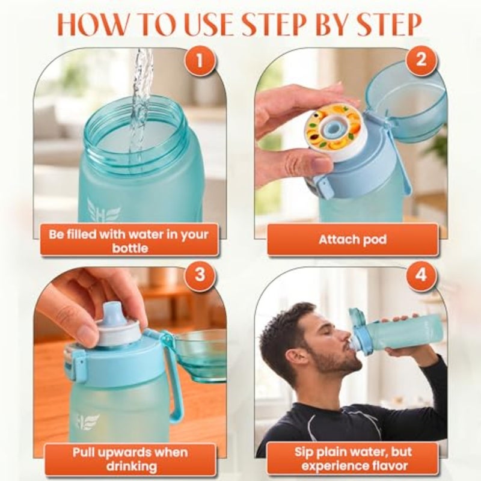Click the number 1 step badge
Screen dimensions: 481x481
(200, 61)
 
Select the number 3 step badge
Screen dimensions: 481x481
(200, 274)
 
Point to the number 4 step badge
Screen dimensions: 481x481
(421, 275)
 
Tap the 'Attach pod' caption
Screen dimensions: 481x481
(352, 239)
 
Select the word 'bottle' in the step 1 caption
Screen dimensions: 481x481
(130, 248)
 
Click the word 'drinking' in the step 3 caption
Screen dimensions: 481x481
(132, 466)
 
